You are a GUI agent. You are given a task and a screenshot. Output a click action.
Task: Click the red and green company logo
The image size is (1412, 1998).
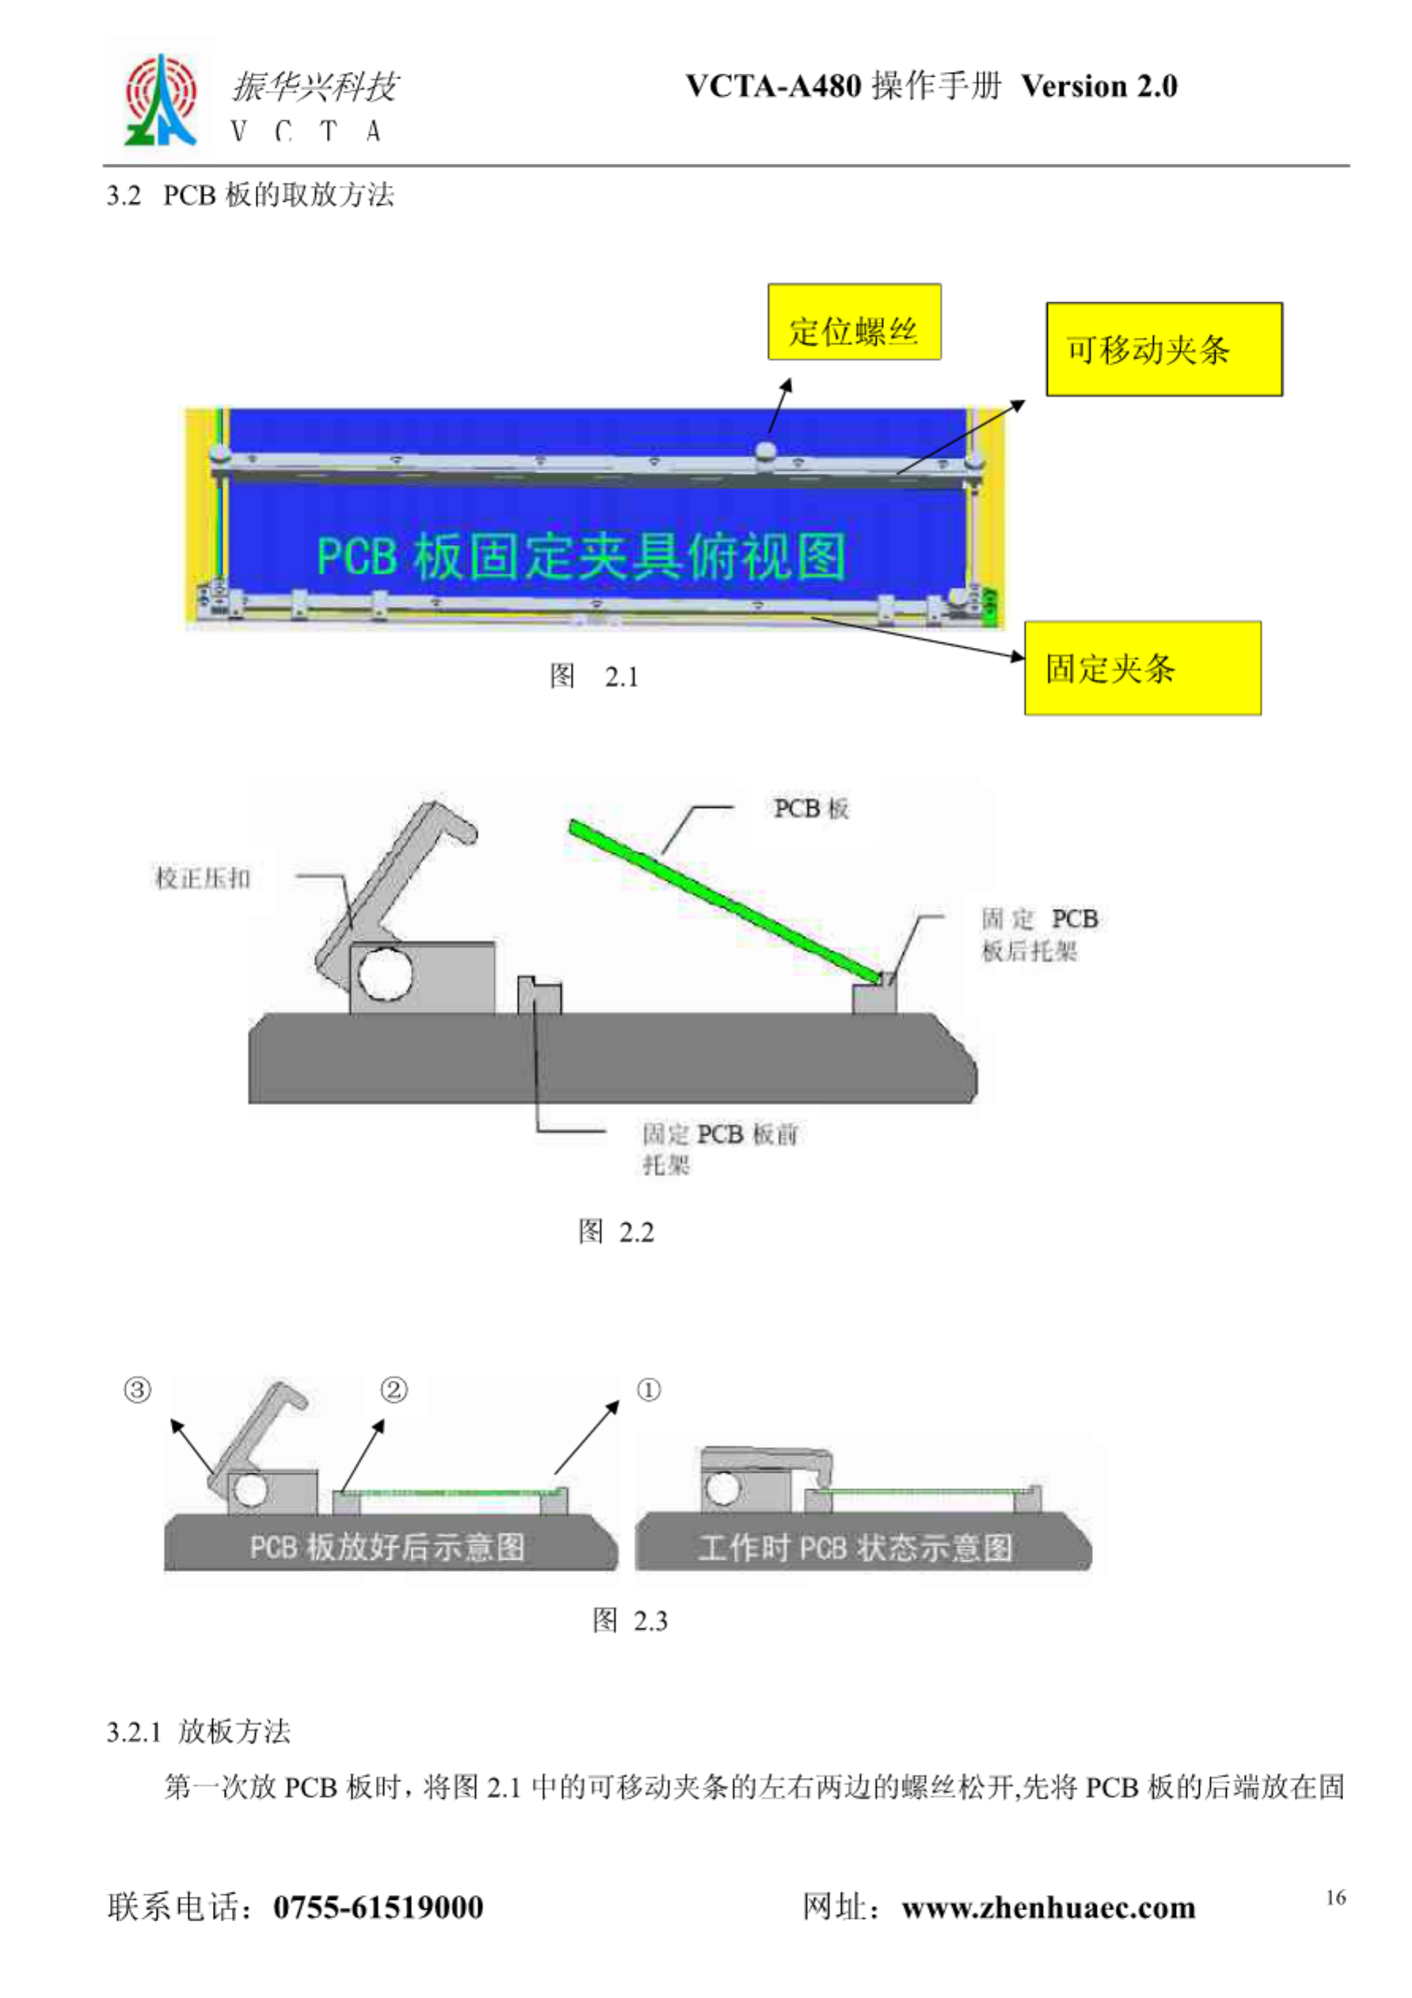[161, 100]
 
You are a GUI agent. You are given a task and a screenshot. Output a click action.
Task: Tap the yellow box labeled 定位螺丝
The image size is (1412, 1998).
[853, 322]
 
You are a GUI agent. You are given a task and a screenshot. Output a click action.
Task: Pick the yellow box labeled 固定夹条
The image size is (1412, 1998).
[1141, 668]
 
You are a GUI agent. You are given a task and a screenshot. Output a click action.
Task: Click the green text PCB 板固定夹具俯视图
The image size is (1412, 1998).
[581, 556]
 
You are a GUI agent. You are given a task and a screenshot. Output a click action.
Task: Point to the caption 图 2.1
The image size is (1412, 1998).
[594, 676]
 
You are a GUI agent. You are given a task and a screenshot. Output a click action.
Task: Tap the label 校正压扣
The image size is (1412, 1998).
[202, 878]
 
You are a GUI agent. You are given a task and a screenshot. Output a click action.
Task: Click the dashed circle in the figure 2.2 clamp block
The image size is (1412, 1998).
[384, 974]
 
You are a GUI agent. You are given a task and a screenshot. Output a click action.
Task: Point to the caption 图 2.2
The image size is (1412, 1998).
[616, 1232]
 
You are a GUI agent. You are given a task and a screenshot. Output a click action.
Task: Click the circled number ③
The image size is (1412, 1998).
[138, 1390]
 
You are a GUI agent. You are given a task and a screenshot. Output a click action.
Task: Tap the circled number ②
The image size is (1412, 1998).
[393, 1390]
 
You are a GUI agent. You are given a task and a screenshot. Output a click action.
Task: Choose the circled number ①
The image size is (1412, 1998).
[648, 1390]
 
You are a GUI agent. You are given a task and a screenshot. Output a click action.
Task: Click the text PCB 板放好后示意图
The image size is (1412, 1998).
[387, 1546]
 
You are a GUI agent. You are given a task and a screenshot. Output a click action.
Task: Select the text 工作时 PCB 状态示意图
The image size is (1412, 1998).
[855, 1547]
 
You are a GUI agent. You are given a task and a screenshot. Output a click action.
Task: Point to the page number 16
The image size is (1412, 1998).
[1335, 1898]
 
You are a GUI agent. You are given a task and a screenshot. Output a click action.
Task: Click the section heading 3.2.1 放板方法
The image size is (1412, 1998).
[199, 1731]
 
